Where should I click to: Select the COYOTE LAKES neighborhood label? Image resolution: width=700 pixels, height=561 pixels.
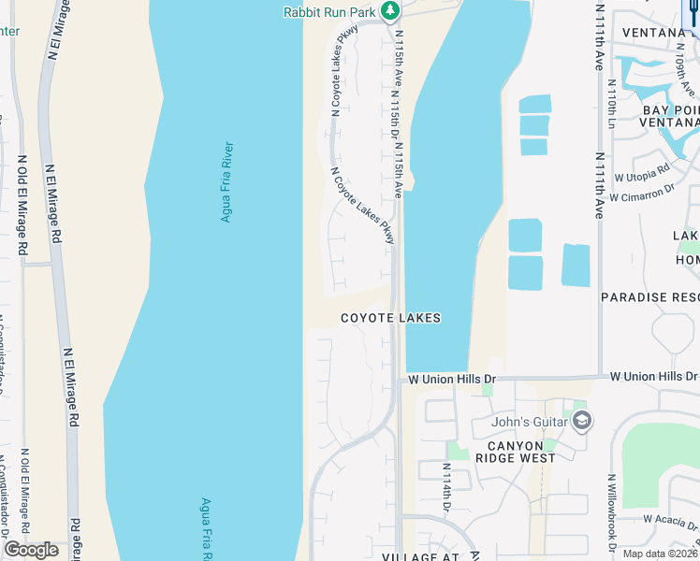pyautogui.click(x=390, y=318)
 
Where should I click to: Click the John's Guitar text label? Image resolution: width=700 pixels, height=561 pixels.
pyautogui.click(x=530, y=422)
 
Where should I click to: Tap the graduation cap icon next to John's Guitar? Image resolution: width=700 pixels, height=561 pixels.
pyautogui.click(x=581, y=422)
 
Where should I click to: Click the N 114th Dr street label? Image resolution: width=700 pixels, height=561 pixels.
pyautogui.click(x=447, y=491)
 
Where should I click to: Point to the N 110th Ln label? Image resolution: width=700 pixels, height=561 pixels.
pyautogui.click(x=611, y=104)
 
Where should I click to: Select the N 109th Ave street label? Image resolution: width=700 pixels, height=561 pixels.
pyautogui.click(x=682, y=69)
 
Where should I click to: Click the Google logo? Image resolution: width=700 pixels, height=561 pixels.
pyautogui.click(x=32, y=550)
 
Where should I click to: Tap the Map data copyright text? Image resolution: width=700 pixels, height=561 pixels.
pyautogui.click(x=659, y=553)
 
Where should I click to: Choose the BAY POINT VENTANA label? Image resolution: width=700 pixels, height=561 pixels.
pyautogui.click(x=669, y=116)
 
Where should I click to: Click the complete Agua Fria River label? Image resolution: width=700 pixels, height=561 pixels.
pyautogui.click(x=226, y=181)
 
